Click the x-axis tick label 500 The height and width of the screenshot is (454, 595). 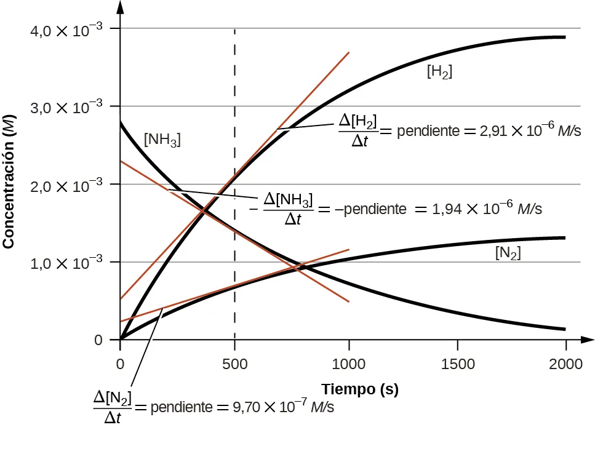click(234, 364)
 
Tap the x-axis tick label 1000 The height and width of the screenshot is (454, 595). click(349, 364)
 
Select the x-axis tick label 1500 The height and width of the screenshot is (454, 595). click(457, 364)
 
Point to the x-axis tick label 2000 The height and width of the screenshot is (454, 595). click(565, 364)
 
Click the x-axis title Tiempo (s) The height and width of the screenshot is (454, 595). click(360, 389)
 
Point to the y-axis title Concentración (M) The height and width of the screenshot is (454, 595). click(9, 181)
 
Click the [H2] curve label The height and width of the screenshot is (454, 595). click(439, 72)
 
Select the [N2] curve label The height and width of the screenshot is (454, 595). click(508, 253)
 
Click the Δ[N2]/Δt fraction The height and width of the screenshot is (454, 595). click(113, 408)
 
